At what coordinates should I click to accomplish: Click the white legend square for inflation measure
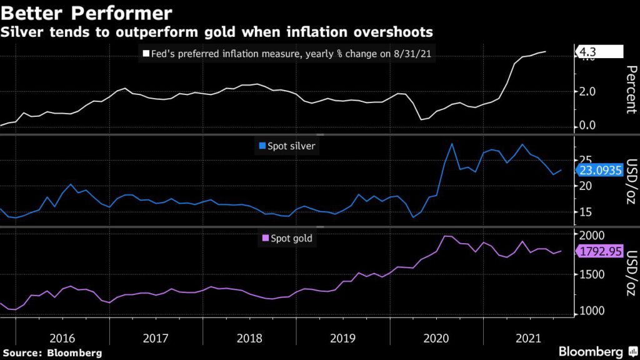145,54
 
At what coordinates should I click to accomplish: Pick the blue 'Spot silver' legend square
263,146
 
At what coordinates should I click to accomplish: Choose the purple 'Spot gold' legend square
265,238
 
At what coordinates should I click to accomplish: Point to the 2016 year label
62,338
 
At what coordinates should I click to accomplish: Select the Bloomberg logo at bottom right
591,352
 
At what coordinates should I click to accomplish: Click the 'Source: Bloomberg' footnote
51,353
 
